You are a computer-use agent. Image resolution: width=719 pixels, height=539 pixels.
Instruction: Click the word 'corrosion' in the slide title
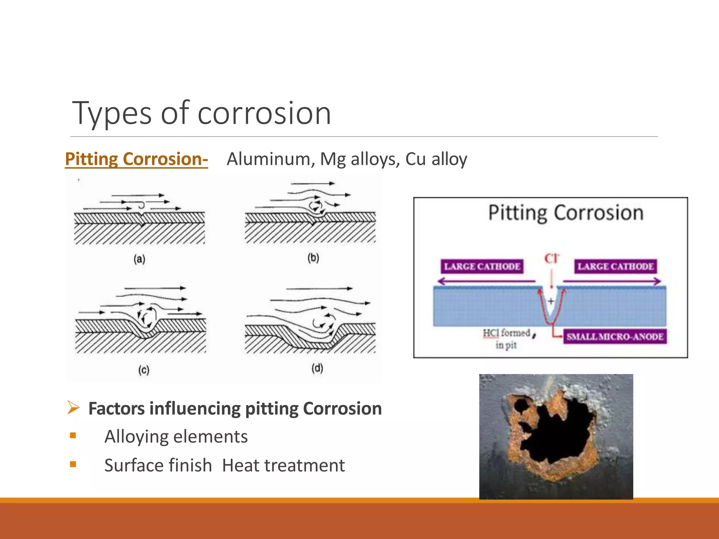pos(264,113)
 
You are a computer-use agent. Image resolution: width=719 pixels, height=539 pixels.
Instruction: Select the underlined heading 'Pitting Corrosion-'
pos(136,159)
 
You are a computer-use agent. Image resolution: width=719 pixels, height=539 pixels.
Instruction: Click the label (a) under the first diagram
pos(139,259)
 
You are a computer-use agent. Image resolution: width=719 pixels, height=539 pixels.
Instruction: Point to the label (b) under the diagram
pos(313,258)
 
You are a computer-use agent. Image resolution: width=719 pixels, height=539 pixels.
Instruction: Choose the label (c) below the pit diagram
pos(144,370)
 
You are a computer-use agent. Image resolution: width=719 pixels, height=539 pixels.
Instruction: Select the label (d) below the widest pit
pos(317,368)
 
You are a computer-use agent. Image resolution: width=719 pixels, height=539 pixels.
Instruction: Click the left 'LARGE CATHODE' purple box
pos(482,266)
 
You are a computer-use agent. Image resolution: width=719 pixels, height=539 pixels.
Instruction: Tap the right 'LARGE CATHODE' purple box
pos(615,266)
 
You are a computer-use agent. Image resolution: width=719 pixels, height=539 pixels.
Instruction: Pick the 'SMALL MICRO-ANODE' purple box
pos(614,337)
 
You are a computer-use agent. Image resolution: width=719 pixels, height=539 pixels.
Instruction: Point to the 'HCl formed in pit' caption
pos(506,338)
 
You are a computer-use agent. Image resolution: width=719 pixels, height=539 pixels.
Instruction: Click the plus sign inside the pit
pos(551,301)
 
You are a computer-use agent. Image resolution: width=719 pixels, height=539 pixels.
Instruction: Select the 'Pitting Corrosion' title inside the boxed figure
pos(566,213)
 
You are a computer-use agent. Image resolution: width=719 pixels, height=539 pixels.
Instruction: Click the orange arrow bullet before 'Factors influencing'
pos(73,408)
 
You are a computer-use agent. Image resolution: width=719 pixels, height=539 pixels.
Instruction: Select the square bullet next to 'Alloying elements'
pos(73,436)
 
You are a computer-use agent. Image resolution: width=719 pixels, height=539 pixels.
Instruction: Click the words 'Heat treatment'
pos(283,466)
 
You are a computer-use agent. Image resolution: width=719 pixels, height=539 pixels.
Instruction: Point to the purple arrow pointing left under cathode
pos(484,281)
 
